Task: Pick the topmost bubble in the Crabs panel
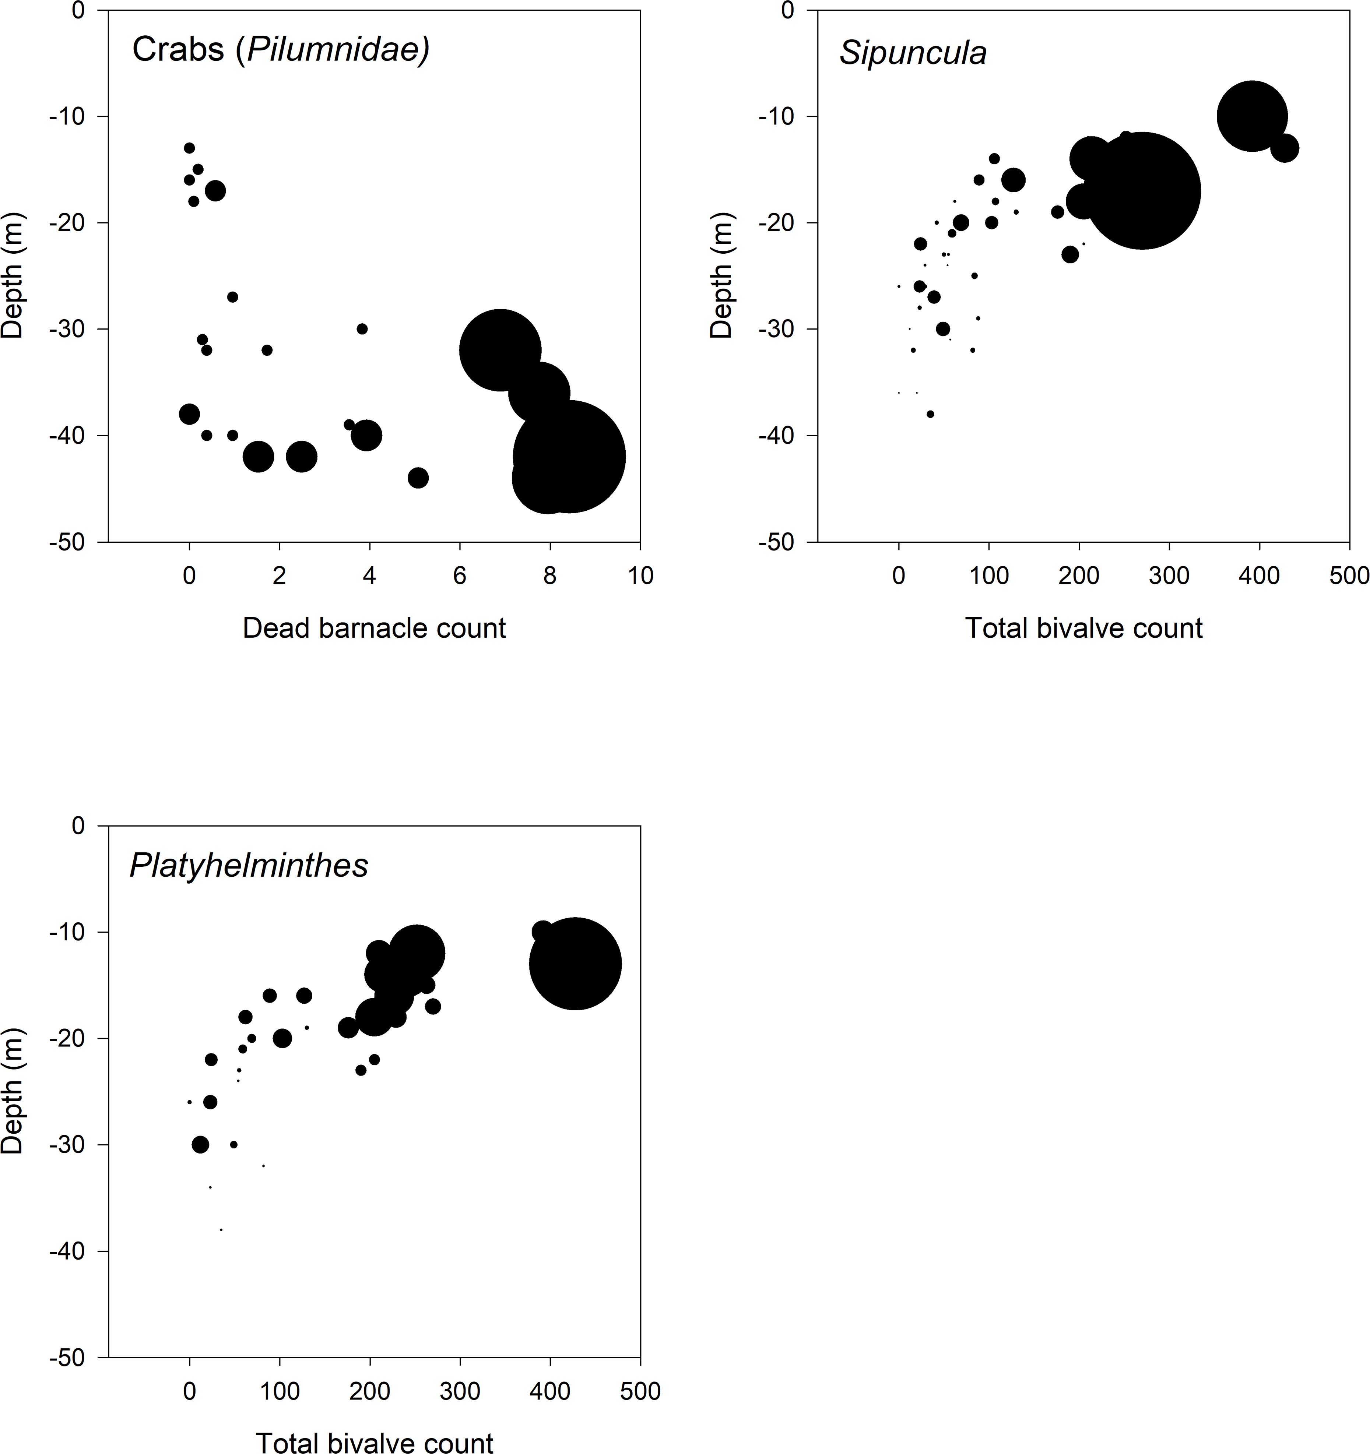click(x=189, y=148)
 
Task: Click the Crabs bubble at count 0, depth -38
click(x=189, y=414)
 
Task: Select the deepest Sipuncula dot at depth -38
click(x=930, y=414)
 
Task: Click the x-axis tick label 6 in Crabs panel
click(x=459, y=575)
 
